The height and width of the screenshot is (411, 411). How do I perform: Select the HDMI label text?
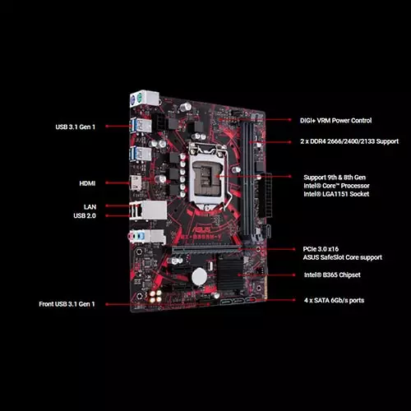point(87,183)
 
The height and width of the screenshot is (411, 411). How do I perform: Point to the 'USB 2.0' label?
point(85,216)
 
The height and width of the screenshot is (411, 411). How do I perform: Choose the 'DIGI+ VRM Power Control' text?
point(337,120)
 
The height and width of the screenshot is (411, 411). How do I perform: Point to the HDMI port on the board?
point(135,183)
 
